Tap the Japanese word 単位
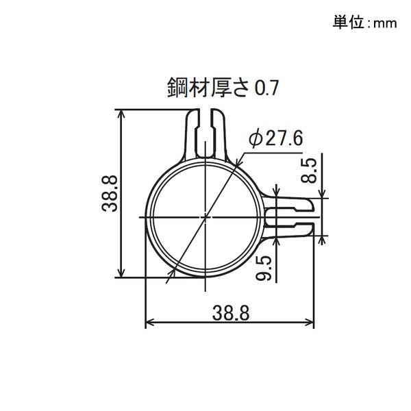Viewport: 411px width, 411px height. tap(350, 23)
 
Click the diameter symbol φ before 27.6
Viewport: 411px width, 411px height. tap(254, 139)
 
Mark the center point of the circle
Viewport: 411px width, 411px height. tap(206, 217)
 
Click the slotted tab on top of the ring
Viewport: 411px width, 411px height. tap(206, 133)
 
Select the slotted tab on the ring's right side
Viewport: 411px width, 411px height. tap(291, 216)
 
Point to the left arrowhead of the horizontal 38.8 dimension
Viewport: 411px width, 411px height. tap(150, 322)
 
